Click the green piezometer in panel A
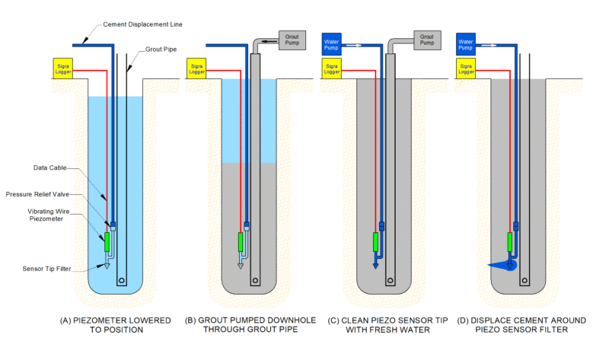coord(107,241)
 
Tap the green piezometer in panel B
coord(241,241)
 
